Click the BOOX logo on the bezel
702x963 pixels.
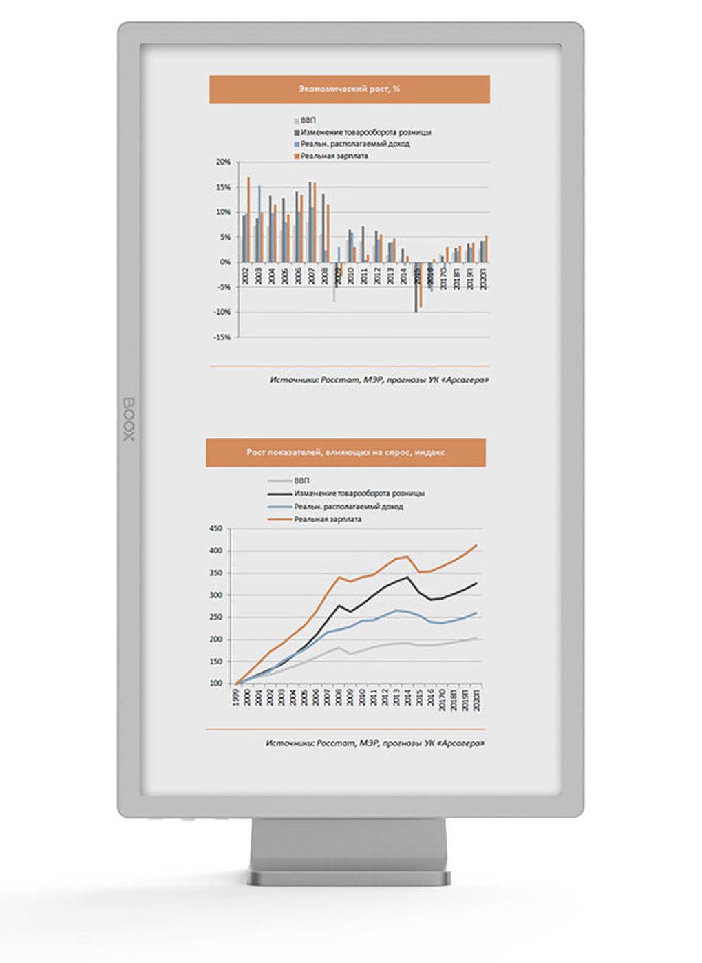pyautogui.click(x=129, y=419)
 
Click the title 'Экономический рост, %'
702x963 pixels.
pyautogui.click(x=350, y=89)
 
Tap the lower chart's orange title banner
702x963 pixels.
pyautogui.click(x=345, y=452)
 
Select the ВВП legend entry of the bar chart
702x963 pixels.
pyautogui.click(x=307, y=120)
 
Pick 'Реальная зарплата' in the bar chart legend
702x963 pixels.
pyautogui.click(x=333, y=156)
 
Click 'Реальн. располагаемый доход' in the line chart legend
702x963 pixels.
pyautogui.click(x=348, y=507)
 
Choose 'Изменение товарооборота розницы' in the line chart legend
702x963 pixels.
pyautogui.click(x=359, y=494)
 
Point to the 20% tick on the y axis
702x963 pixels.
pyautogui.click(x=223, y=162)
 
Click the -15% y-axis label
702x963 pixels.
pyautogui.click(x=222, y=337)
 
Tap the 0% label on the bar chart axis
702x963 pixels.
pyautogui.click(x=225, y=262)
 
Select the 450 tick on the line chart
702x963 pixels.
pyautogui.click(x=215, y=529)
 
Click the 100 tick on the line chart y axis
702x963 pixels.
pyautogui.click(x=215, y=684)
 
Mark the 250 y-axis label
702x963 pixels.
pyautogui.click(x=215, y=617)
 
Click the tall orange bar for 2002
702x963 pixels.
pyautogui.click(x=248, y=219)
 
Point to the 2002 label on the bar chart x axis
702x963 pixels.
pyautogui.click(x=245, y=276)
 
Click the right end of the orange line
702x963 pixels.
pyautogui.click(x=476, y=546)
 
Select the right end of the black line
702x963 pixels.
pyautogui.click(x=476, y=583)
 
